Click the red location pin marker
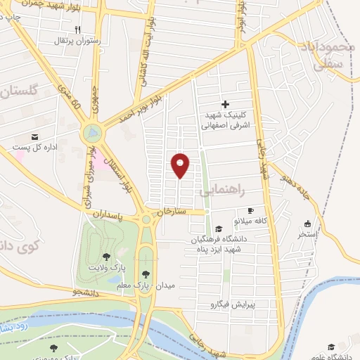point(181,165)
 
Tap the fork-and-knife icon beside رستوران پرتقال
point(78,30)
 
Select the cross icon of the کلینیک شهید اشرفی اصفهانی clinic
point(225,104)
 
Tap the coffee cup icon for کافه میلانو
point(250,211)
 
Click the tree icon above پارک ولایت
point(106,257)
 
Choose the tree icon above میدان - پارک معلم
point(146,274)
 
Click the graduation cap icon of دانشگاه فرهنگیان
point(219,229)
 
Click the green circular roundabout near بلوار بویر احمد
point(91,131)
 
